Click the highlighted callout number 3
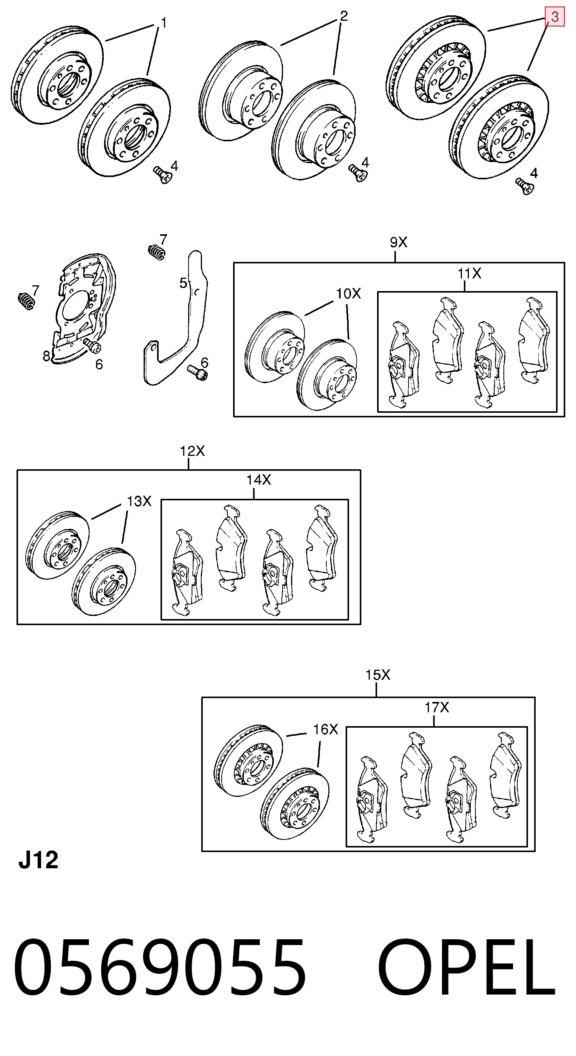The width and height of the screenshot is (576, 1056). click(554, 17)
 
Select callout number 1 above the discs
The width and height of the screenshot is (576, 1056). click(163, 23)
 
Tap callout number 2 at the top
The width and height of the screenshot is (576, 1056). click(344, 16)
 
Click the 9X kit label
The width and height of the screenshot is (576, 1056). click(398, 243)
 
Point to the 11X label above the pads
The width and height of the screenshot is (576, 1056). click(469, 273)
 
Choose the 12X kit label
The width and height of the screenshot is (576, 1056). click(192, 451)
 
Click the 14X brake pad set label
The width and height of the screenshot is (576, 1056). click(259, 480)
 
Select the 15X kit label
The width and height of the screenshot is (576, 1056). click(377, 675)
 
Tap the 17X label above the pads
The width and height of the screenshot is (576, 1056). click(437, 707)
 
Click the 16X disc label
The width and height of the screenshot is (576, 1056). click(326, 729)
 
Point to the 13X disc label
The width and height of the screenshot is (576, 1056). click(139, 501)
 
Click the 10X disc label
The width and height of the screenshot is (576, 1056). click(348, 293)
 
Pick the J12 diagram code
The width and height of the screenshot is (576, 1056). click(38, 860)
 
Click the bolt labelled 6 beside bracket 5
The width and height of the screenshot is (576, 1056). click(197, 372)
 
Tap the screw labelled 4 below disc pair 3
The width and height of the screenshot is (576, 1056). click(525, 187)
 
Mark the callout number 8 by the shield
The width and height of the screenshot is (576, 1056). click(47, 356)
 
